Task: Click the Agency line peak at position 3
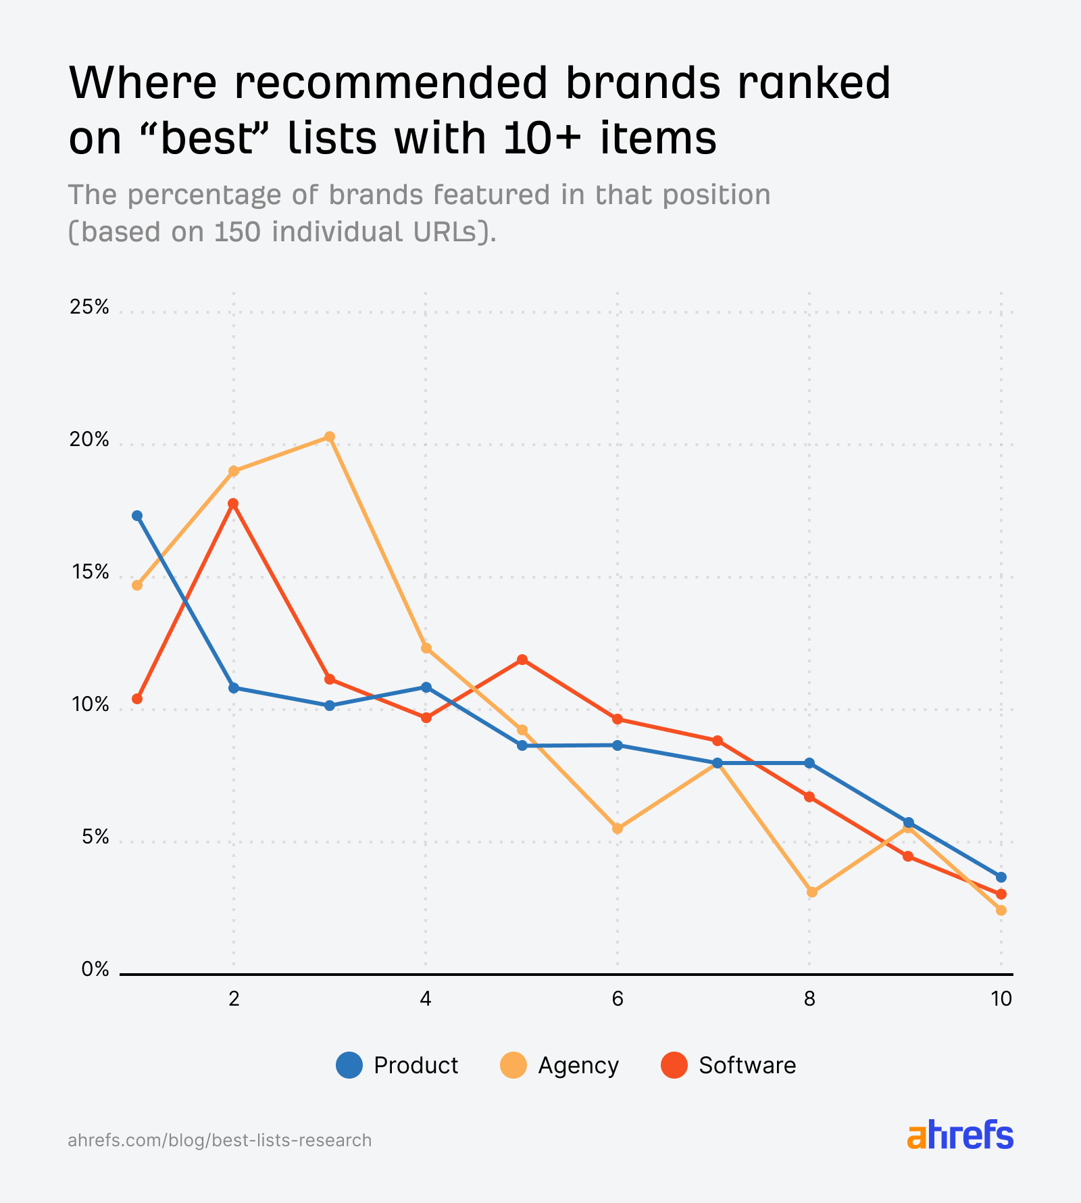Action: pyautogui.click(x=330, y=437)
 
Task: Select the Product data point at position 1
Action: pyautogui.click(x=137, y=516)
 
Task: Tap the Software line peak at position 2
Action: pyautogui.click(x=233, y=504)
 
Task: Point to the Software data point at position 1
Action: pyautogui.click(x=137, y=699)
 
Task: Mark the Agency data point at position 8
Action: pyautogui.click(x=812, y=892)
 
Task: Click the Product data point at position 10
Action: pyautogui.click(x=1001, y=877)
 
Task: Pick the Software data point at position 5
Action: pyautogui.click(x=522, y=660)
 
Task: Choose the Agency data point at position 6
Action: pyautogui.click(x=618, y=829)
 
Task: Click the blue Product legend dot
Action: pyautogui.click(x=349, y=1066)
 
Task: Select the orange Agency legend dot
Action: pyautogui.click(x=513, y=1066)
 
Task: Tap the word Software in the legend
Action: pyautogui.click(x=747, y=1066)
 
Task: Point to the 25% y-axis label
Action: pyautogui.click(x=89, y=308)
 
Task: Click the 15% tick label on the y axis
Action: pyautogui.click(x=89, y=573)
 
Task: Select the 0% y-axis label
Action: pyautogui.click(x=95, y=970)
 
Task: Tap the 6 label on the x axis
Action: pyautogui.click(x=618, y=999)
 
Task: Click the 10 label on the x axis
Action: pyautogui.click(x=1001, y=999)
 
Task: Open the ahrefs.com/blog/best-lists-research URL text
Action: pyautogui.click(x=220, y=1140)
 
